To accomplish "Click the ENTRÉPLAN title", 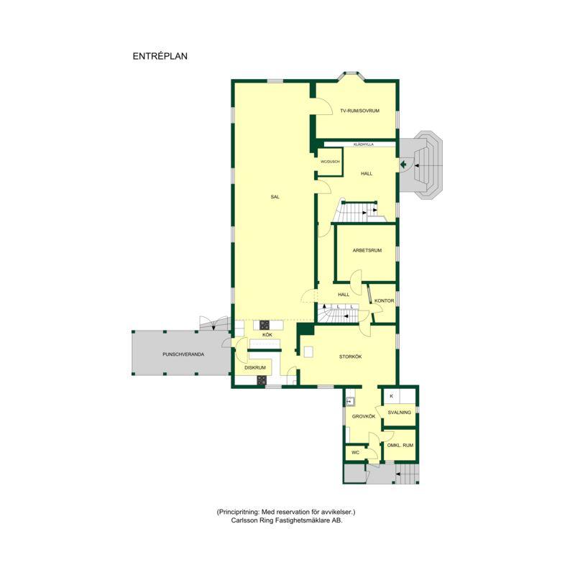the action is tap(160, 56).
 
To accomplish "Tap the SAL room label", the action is tap(275, 197).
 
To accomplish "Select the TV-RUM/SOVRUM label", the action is tap(360, 111).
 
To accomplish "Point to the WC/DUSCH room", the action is tap(330, 162).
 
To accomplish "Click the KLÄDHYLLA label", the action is tap(364, 144).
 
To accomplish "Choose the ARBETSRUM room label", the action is tap(367, 250).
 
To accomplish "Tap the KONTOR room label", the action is tap(384, 300).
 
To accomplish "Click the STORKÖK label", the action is tap(350, 356).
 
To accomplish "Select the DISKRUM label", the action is tap(255, 367).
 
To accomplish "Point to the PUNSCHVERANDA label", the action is tap(183, 354).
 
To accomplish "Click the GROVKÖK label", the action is tap(364, 417).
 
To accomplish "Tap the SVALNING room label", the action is tap(400, 412).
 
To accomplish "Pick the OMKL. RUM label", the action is tap(400, 445).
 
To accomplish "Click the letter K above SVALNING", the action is tap(391, 396).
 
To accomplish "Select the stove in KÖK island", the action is tap(264, 325).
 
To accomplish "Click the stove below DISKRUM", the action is tap(262, 381).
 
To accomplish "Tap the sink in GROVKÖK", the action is tap(350, 402).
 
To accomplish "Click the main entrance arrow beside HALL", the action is tap(404, 164).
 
